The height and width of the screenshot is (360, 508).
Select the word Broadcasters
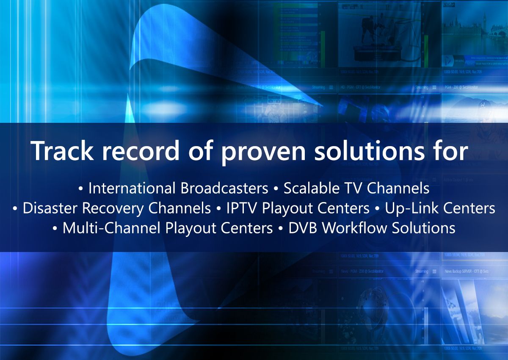click(x=225, y=188)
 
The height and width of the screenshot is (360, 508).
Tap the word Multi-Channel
click(x=111, y=228)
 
